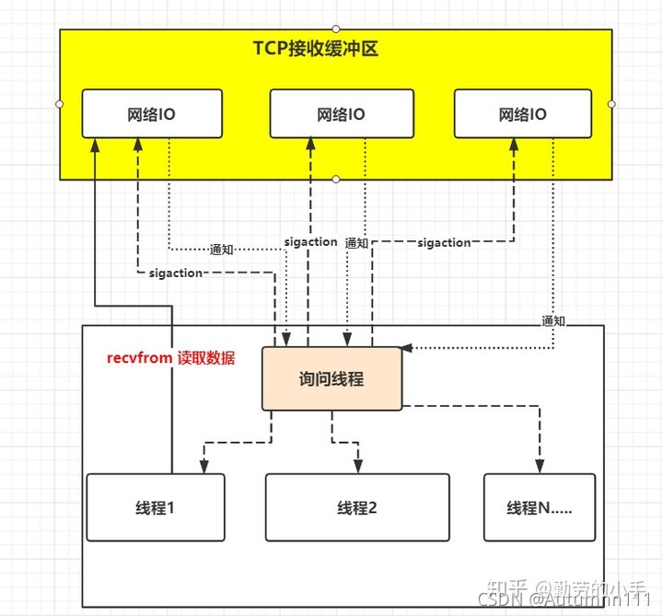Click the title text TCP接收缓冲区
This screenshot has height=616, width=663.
pyautogui.click(x=316, y=49)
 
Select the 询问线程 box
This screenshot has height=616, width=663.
pyautogui.click(x=331, y=378)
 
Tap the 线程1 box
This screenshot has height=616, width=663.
pyautogui.click(x=155, y=506)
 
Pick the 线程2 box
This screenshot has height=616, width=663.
pyautogui.click(x=357, y=506)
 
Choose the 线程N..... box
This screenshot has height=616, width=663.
pyautogui.click(x=539, y=506)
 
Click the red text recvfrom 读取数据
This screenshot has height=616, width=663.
pyautogui.click(x=171, y=358)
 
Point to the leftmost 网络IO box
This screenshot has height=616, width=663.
pyautogui.click(x=152, y=114)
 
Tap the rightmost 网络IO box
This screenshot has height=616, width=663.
pyautogui.click(x=522, y=114)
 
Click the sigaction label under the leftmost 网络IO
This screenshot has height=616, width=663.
pyautogui.click(x=175, y=273)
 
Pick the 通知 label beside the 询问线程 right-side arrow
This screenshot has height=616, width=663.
pyautogui.click(x=553, y=320)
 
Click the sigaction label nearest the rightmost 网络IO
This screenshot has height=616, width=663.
pyautogui.click(x=444, y=243)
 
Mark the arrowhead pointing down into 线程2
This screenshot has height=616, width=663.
pyautogui.click(x=357, y=469)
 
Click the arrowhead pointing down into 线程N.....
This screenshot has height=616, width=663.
pyautogui.click(x=541, y=467)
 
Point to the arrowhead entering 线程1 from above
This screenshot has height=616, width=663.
pyautogui.click(x=204, y=467)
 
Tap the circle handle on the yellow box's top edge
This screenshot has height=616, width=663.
pyautogui.click(x=336, y=29)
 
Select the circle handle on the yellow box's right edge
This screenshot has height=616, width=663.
pyautogui.click(x=612, y=104)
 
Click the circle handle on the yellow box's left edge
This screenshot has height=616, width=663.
pyautogui.click(x=60, y=104)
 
